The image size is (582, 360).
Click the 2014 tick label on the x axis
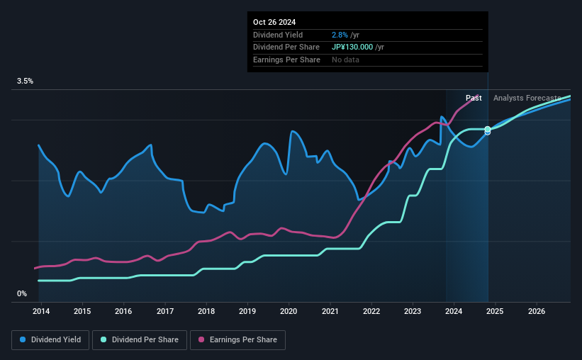(x=40, y=311)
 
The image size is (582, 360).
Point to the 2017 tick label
(x=164, y=311)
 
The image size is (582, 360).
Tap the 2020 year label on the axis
(x=289, y=311)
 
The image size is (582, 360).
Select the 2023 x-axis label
(x=413, y=311)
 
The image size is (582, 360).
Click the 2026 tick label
(x=537, y=311)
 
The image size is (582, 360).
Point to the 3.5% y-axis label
(x=25, y=81)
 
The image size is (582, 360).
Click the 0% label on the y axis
(x=22, y=293)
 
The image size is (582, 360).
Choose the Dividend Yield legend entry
(x=50, y=340)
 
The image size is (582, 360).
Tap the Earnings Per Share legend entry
(x=237, y=340)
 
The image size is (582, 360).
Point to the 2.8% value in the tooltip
(x=340, y=35)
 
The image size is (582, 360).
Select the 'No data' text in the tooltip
(x=345, y=60)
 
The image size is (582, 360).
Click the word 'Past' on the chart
(x=474, y=98)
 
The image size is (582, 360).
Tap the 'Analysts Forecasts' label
(x=527, y=98)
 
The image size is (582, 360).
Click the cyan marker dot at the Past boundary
(x=488, y=129)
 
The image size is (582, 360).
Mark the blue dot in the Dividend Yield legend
(x=23, y=340)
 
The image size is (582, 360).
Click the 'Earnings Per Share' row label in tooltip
(x=286, y=60)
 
